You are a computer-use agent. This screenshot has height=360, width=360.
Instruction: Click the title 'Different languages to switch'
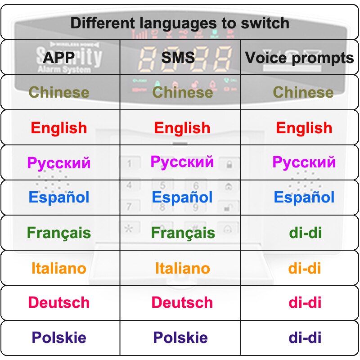point(180,23)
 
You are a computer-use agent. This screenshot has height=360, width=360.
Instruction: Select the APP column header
point(59,58)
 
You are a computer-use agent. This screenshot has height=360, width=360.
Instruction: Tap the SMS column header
point(178,58)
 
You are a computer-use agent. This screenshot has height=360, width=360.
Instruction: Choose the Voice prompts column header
point(299,58)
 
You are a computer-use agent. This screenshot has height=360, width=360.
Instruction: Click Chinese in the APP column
point(59,92)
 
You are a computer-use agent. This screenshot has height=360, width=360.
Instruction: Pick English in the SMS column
point(182,128)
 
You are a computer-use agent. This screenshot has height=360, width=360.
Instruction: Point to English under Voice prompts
point(304,128)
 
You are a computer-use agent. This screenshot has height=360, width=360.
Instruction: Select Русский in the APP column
point(59,163)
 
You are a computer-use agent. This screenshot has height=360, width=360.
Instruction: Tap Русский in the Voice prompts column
point(304,162)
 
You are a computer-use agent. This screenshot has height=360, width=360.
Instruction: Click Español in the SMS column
point(182,197)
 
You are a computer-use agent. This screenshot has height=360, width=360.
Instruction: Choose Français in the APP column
point(59,233)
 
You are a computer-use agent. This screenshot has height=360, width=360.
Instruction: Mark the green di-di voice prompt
point(305,233)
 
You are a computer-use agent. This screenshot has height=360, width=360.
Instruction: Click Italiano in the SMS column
point(183,268)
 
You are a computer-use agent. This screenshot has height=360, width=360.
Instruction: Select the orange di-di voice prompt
point(305,268)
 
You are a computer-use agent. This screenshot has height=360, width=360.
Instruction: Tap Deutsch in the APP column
point(59,302)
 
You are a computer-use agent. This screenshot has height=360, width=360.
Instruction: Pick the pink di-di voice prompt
point(305,302)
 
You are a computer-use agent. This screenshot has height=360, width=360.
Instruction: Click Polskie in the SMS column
point(180,337)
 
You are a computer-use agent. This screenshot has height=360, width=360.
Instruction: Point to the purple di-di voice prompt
point(305,337)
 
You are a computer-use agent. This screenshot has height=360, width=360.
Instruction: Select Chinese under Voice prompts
point(303,92)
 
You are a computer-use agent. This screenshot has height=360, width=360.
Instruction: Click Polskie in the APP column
point(59,337)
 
